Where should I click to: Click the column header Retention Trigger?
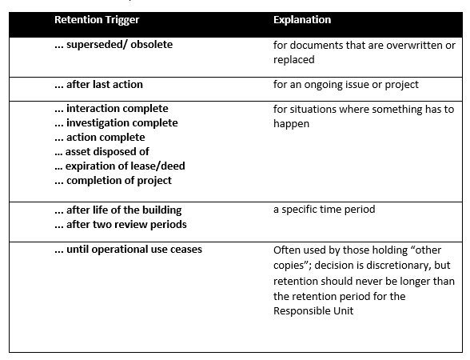pos(97,20)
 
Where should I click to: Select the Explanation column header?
pos(302,20)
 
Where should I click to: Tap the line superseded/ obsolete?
pos(114,45)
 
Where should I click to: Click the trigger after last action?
pos(98,84)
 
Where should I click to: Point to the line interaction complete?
pos(112,109)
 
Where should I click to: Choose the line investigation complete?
pos(117,123)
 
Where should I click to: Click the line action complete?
pos(100,138)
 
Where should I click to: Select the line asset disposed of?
pos(102,151)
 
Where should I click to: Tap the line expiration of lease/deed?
pos(120,166)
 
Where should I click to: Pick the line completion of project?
pos(114,180)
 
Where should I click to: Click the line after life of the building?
pos(118,210)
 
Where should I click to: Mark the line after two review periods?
pos(121,224)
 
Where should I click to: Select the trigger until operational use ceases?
pos(128,250)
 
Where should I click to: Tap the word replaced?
pos(294,60)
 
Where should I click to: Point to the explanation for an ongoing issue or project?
pos(346,85)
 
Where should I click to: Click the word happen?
pos(291,124)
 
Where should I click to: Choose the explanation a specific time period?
pos(325,210)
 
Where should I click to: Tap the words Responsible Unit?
pos(313,310)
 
